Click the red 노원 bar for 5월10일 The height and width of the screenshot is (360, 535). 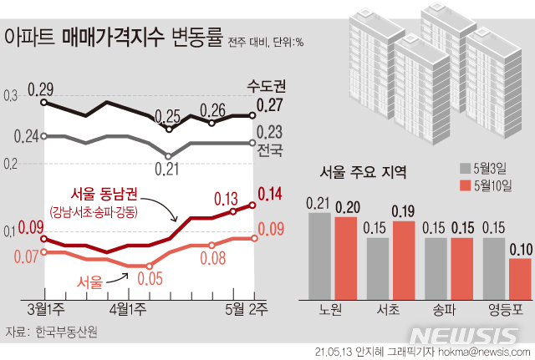tap(346, 257)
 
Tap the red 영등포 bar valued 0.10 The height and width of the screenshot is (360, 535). tap(520, 277)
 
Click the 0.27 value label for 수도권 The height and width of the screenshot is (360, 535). tap(269, 105)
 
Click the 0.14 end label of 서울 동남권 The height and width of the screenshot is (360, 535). tap(269, 195)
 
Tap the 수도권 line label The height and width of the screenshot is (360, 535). tap(267, 85)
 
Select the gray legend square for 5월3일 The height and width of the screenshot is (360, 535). tap(465, 165)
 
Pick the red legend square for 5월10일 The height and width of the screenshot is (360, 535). tap(465, 185)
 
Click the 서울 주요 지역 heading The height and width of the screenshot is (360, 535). tap(364, 173)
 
